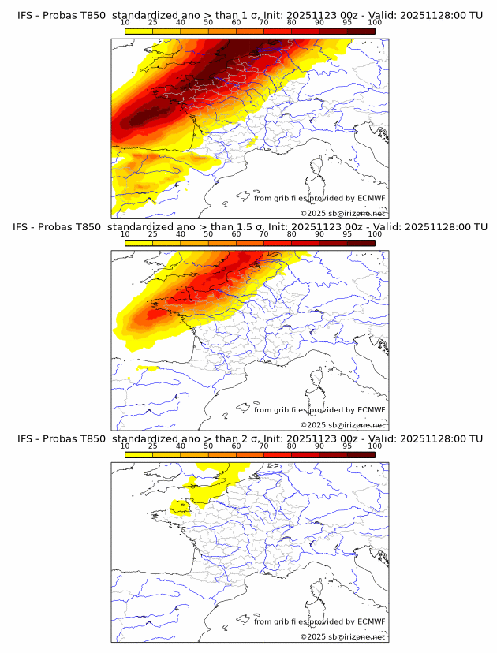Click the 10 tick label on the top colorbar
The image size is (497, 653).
click(x=125, y=22)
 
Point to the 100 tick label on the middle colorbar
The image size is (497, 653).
click(x=375, y=233)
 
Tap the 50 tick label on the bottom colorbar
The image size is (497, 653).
click(x=208, y=446)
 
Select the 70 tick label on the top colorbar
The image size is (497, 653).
click(x=263, y=22)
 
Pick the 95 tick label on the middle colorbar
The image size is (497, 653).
click(x=347, y=233)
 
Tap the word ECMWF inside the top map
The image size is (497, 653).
click(x=372, y=198)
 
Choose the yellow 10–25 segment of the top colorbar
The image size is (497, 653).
click(x=139, y=31)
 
